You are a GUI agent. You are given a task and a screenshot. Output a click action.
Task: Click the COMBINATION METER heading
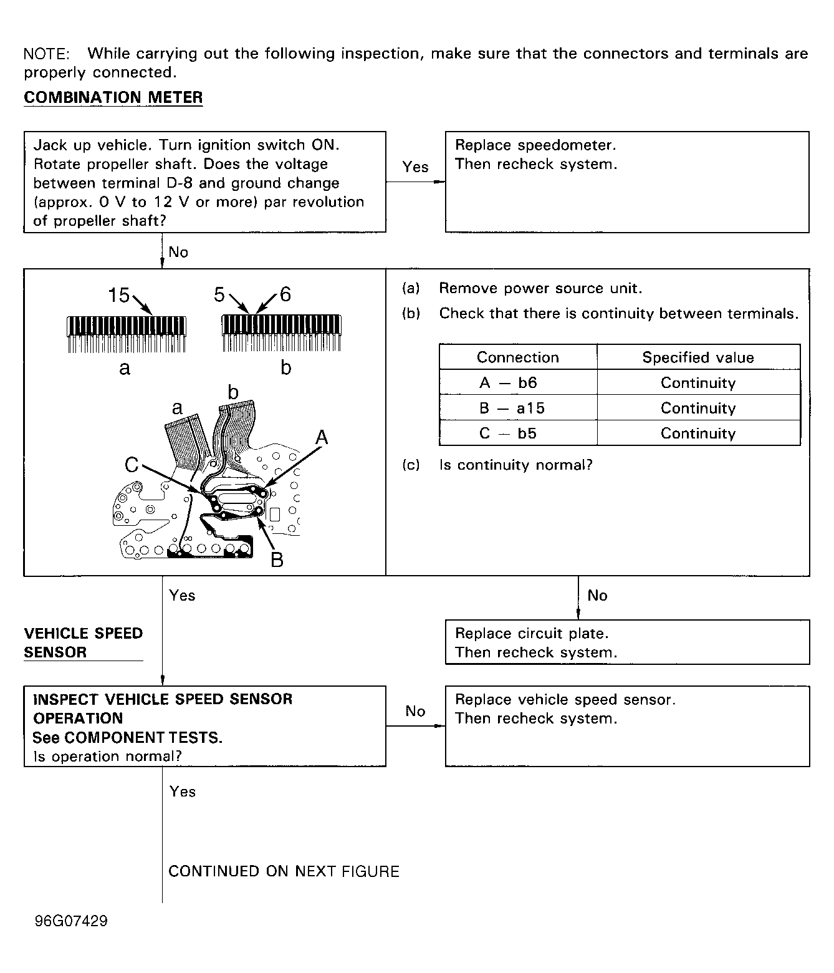coord(113,97)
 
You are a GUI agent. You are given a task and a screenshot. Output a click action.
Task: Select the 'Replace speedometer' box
coord(626,182)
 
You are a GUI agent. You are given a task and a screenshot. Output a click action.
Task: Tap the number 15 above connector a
coord(118,294)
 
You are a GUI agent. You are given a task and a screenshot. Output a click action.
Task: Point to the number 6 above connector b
coord(285,294)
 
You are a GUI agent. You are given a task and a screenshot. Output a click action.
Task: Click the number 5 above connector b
coord(219,294)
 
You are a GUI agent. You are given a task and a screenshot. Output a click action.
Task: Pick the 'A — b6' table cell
coord(517,382)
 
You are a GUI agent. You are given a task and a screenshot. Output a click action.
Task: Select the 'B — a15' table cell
coord(517,408)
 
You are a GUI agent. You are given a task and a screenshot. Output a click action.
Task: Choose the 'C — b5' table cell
coord(517,433)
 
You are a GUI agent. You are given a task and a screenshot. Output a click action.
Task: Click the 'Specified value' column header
coord(697,357)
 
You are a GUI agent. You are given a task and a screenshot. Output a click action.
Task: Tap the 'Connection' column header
coord(517,357)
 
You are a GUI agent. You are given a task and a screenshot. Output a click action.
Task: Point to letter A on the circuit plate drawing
coord(322,437)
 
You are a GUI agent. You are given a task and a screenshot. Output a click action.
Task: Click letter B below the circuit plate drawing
coord(277,559)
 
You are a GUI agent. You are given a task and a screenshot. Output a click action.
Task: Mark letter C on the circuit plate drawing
coord(132,465)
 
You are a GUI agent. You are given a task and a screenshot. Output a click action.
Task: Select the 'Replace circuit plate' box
coord(626,642)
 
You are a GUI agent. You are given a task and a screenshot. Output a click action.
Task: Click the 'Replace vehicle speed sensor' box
coord(626,726)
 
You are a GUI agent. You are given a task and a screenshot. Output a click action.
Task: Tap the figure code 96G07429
coord(71,921)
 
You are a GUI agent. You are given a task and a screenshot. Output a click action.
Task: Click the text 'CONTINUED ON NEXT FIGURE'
coord(284,871)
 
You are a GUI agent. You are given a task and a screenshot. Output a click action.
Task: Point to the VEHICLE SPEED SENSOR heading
coord(84,642)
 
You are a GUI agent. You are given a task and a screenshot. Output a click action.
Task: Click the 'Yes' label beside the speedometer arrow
coord(415,167)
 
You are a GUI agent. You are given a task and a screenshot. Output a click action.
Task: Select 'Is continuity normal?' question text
coord(515,465)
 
